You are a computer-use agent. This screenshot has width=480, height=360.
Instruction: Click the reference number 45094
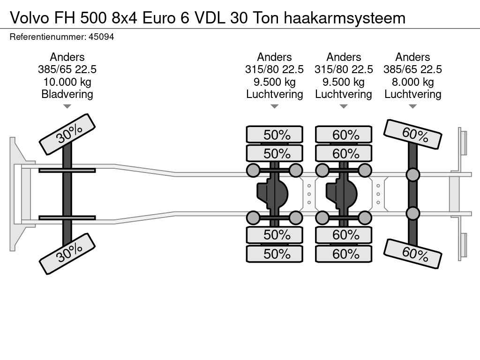coord(101,37)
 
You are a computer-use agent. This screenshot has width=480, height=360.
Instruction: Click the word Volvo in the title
coord(30,18)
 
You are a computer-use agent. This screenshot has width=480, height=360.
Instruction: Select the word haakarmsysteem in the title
coord(345,18)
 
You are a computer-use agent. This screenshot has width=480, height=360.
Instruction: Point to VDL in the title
coord(210,18)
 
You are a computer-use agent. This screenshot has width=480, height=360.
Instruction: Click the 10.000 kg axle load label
coord(67,82)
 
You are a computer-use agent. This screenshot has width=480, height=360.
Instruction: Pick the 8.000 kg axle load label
coord(412,82)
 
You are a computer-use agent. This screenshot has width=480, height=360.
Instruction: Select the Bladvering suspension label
coord(67,94)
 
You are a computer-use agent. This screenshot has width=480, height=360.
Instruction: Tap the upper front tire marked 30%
coord(67,135)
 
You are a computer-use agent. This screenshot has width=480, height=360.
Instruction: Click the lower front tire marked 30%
coord(67,254)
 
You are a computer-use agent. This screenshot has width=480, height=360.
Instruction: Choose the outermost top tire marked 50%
coord(275,135)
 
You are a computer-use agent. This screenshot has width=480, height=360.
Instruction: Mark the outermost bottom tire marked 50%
coord(275,254)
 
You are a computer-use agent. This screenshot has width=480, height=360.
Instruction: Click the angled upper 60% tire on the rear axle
coord(412,135)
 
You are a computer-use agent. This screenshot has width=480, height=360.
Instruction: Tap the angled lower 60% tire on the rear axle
coord(412,254)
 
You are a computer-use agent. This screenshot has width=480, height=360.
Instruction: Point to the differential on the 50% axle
coord(272,194)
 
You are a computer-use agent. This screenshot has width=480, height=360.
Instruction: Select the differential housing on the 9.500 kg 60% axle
coord(341,194)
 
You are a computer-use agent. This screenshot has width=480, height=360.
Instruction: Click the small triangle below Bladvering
coord(67,106)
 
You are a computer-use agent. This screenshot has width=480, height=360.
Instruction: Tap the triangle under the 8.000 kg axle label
coord(412,106)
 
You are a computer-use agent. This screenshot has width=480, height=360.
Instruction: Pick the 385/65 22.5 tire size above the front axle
coord(67,69)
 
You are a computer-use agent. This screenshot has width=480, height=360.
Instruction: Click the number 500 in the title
coord(94,18)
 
